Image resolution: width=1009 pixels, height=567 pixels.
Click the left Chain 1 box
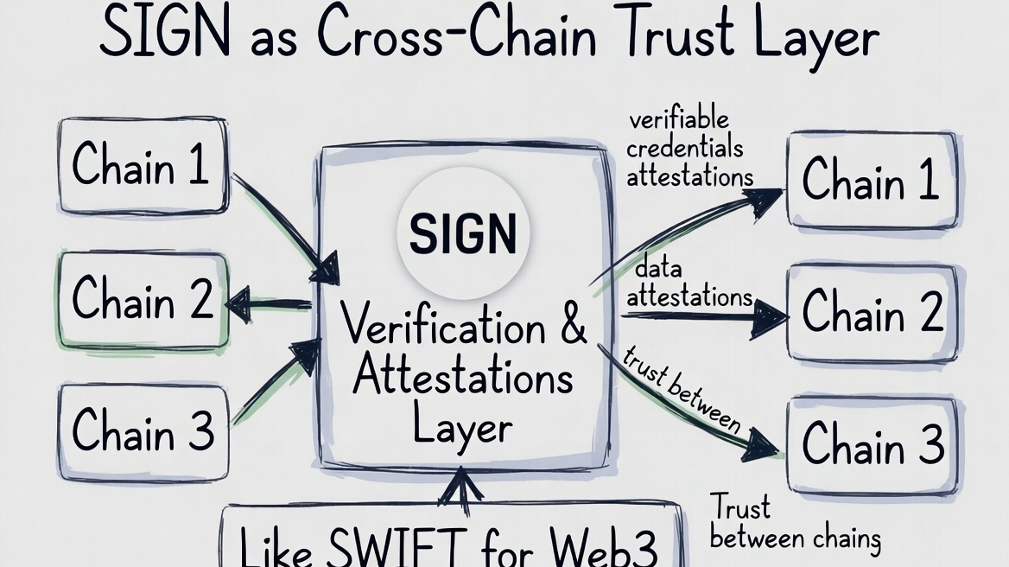(x=143, y=165)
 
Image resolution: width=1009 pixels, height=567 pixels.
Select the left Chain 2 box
(x=143, y=300)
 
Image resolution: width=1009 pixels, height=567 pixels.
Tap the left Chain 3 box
(x=143, y=430)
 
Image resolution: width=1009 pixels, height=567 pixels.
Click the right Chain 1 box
(x=872, y=179)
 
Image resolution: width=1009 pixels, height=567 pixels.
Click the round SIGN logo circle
(x=462, y=233)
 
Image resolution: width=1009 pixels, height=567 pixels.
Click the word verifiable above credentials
(x=678, y=119)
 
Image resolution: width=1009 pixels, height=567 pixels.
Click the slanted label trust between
(x=682, y=389)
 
